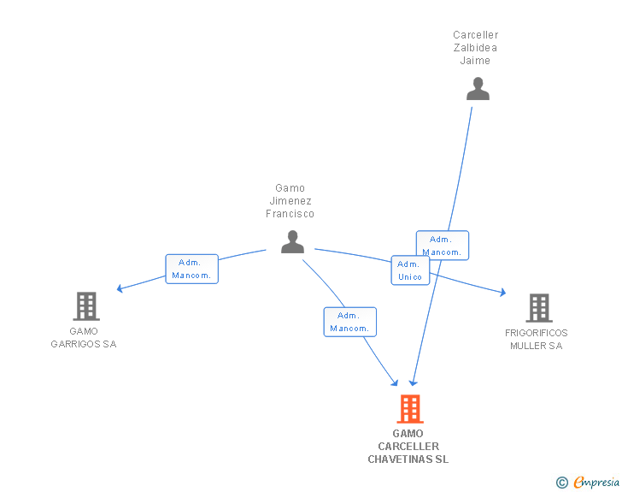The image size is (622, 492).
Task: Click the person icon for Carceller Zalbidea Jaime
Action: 478,89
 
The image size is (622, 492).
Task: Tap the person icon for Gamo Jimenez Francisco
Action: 292,242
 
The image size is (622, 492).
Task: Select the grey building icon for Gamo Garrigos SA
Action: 86,305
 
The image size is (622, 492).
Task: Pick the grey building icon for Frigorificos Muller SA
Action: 538,307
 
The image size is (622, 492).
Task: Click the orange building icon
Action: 409,409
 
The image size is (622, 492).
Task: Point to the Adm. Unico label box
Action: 410,270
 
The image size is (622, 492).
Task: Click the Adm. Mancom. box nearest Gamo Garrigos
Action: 192,269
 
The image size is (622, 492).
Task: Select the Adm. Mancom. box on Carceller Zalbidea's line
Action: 443,246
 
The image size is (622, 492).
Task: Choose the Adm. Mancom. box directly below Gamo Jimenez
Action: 349,322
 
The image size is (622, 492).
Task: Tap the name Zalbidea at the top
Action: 476,48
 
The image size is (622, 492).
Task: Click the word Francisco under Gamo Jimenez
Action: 290,214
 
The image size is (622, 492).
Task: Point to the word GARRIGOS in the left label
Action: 84,344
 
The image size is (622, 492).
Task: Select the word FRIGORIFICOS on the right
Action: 537,333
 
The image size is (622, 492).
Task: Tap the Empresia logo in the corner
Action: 596,483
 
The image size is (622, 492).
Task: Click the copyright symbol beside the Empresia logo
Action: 562,483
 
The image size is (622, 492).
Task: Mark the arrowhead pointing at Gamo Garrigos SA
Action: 120,289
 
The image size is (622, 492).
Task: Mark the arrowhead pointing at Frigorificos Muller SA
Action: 502,293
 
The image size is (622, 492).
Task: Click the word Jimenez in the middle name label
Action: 290,201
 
